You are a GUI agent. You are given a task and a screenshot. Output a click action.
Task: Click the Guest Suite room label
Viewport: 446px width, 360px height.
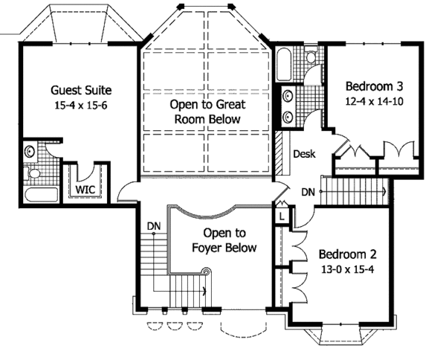(81, 90)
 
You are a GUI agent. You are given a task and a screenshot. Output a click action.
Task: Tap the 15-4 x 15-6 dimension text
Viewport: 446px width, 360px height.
(81, 106)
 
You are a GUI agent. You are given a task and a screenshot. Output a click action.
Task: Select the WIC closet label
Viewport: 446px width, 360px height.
(85, 189)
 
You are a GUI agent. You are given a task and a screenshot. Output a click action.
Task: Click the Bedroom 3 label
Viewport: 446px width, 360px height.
(375, 86)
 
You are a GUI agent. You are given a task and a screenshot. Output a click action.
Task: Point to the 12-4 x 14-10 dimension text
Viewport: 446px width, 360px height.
(375, 101)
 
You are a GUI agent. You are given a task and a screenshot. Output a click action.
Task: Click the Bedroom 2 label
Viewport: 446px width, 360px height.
(348, 254)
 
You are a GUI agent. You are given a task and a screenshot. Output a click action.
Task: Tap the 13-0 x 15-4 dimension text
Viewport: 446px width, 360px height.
(348, 269)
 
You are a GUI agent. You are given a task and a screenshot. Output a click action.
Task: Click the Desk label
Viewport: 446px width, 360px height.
(304, 154)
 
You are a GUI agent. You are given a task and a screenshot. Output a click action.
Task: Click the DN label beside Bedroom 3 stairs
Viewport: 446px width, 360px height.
(308, 193)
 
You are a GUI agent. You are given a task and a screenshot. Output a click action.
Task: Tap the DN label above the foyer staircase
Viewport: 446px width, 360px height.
(154, 226)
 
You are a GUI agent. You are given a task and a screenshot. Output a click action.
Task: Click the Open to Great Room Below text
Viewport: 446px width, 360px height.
(207, 112)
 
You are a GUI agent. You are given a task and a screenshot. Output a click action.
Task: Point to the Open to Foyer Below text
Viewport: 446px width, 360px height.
(224, 240)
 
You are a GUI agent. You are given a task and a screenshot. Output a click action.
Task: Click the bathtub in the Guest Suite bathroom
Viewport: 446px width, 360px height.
(41, 195)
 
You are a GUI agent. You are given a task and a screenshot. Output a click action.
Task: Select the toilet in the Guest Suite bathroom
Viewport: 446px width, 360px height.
(32, 173)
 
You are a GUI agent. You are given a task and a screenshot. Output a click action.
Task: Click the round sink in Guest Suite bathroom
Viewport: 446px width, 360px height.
(30, 151)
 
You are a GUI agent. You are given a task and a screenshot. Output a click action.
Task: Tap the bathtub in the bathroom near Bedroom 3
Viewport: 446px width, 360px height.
(284, 64)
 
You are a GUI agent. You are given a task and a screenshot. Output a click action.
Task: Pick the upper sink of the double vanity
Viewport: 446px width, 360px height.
(288, 96)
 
